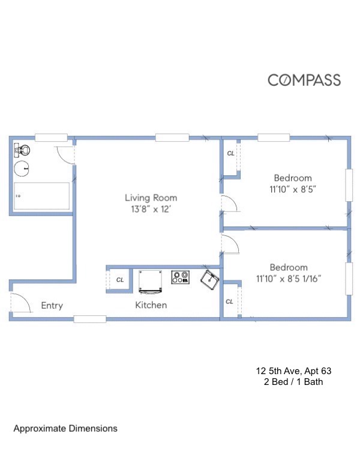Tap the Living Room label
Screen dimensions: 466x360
point(151,198)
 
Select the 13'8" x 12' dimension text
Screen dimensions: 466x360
point(151,210)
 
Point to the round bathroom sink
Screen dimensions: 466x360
point(23,169)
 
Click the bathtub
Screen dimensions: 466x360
point(41,196)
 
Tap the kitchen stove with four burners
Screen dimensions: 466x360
point(180,277)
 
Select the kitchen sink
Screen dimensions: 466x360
point(209,279)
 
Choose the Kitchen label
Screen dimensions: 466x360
point(151,305)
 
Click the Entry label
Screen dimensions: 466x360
point(52,305)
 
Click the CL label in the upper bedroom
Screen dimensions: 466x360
point(230,154)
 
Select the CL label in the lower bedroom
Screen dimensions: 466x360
point(229,301)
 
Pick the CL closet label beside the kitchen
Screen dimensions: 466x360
point(119,280)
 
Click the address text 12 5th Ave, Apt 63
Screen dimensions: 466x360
point(293,371)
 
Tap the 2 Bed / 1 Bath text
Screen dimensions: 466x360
point(293,382)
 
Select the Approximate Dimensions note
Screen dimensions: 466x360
point(65,429)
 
